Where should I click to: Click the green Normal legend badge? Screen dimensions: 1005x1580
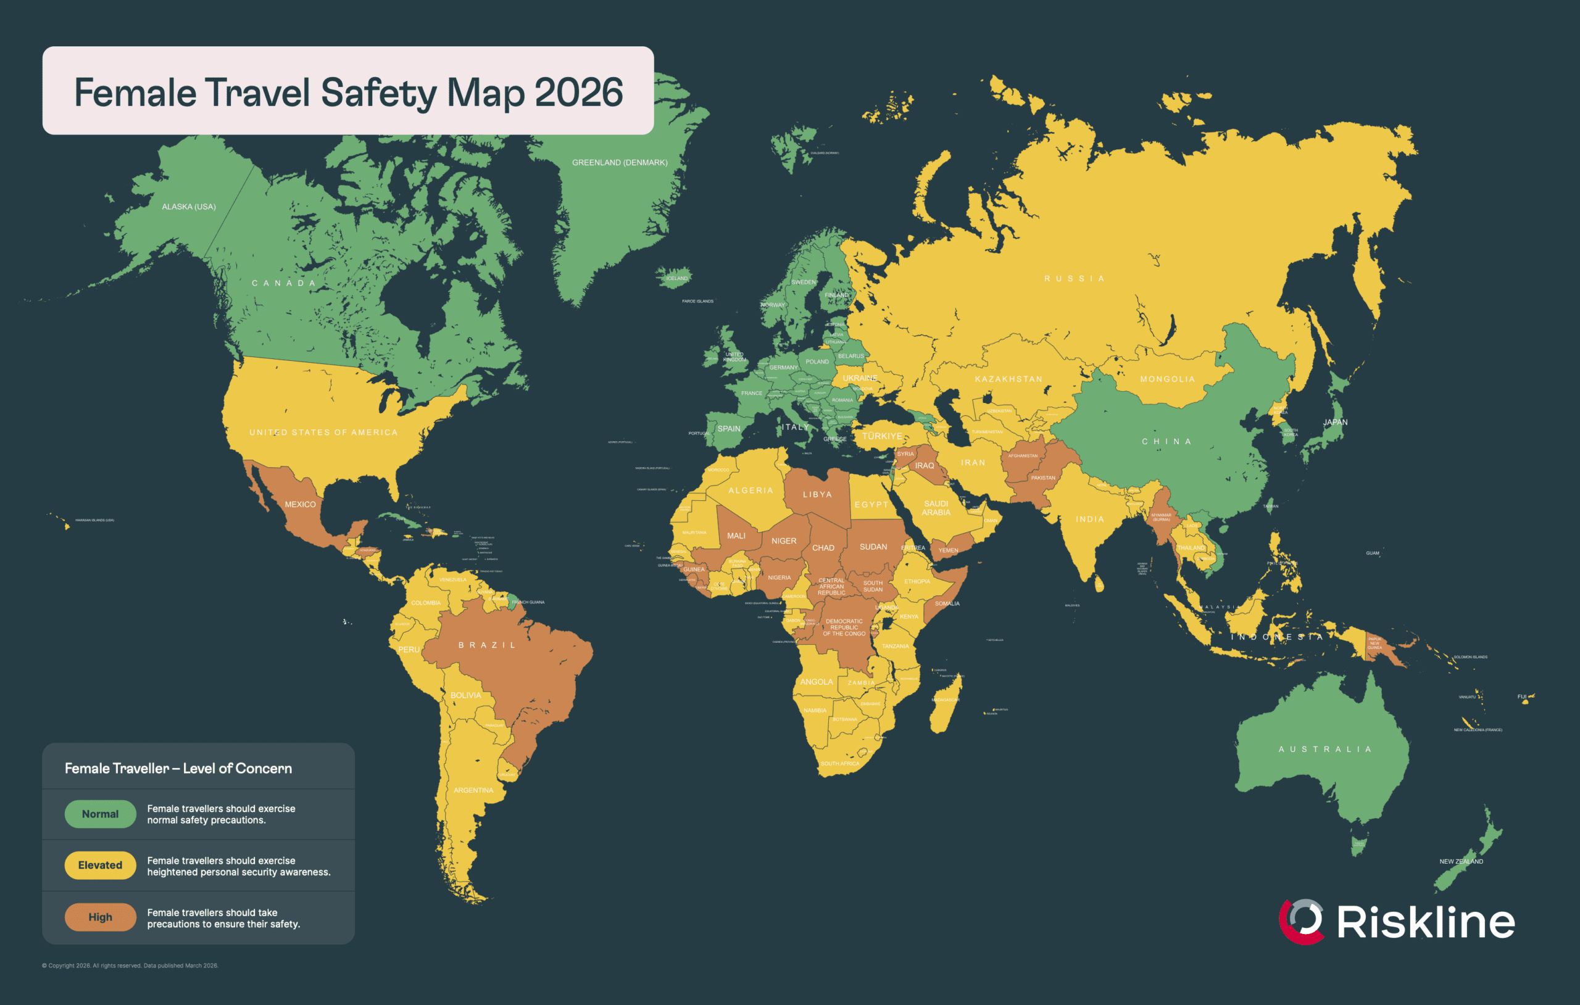click(x=101, y=814)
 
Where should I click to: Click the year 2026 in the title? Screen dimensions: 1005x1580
click(x=578, y=93)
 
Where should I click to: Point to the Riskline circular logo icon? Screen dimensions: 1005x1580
click(x=1301, y=920)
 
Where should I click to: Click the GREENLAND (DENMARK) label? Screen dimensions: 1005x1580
click(x=620, y=163)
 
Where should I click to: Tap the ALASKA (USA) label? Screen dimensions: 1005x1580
click(x=189, y=207)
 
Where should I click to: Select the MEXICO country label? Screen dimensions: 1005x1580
click(x=301, y=505)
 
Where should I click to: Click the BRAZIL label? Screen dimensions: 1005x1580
click(x=487, y=645)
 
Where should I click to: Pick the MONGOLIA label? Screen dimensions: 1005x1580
click(x=1167, y=379)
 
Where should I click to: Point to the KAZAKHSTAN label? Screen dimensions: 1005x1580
click(x=1008, y=379)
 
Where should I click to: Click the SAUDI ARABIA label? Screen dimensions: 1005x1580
click(x=936, y=508)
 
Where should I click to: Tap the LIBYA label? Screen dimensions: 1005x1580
click(x=817, y=495)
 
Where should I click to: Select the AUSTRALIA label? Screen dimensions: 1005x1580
click(x=1324, y=749)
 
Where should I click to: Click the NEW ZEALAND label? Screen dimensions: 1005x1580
click(x=1461, y=861)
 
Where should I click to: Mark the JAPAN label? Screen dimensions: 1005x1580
click(x=1335, y=423)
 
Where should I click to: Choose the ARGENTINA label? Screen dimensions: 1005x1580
click(x=473, y=790)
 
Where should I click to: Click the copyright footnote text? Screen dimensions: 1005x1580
click(x=130, y=966)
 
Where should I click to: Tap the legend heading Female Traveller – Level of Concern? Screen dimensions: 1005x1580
click(x=178, y=768)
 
